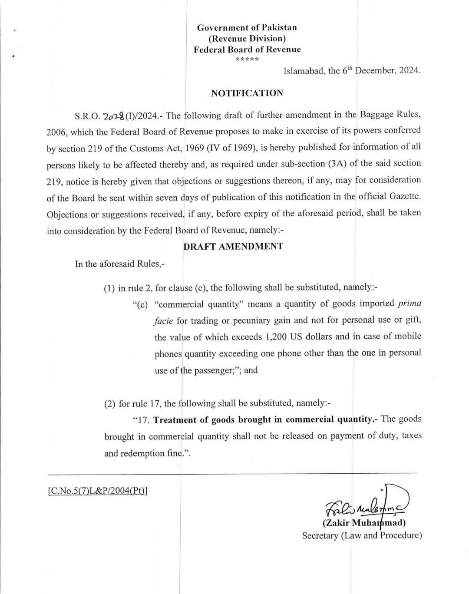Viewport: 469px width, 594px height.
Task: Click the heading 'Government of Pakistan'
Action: [247, 28]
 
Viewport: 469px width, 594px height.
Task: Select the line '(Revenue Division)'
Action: [247, 39]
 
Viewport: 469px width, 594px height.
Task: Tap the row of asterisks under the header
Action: [247, 59]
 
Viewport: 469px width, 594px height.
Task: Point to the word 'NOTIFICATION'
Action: [247, 93]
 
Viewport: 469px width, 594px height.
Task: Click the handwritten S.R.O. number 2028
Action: [112, 116]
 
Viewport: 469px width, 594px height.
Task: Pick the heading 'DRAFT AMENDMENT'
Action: [233, 247]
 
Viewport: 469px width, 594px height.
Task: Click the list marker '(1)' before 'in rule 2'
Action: [109, 288]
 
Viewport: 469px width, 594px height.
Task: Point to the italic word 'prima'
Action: [409, 303]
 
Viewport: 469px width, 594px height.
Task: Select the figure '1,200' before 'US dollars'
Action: [278, 337]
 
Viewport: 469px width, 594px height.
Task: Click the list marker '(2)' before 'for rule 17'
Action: [110, 404]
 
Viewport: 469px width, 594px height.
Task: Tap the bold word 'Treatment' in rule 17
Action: [175, 420]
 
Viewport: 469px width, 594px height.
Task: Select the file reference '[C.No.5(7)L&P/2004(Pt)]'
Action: [98, 491]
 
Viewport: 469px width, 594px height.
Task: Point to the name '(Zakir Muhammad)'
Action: [364, 523]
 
